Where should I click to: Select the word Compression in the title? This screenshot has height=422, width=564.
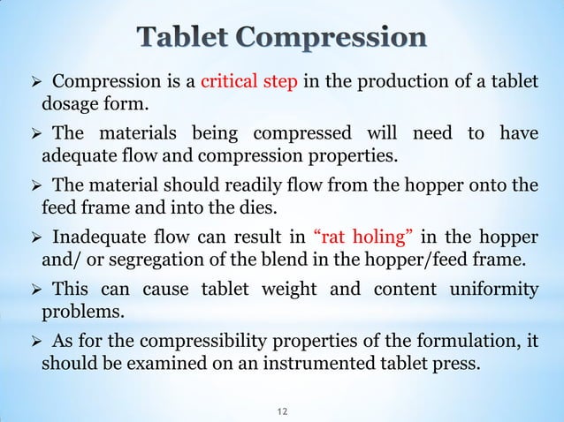pos(337,40)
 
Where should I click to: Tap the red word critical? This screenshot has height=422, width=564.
pos(232,85)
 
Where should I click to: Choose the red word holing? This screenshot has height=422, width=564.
pos(384,237)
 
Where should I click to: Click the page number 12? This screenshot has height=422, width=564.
pos(283,411)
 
